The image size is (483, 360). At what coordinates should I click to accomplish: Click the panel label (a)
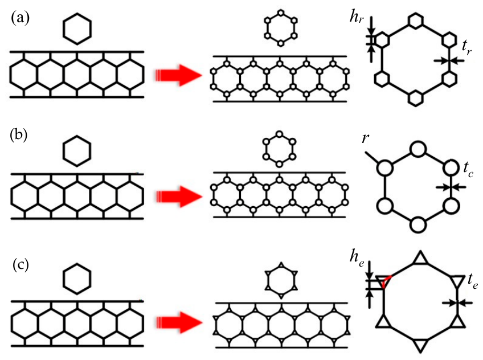pos(20,18)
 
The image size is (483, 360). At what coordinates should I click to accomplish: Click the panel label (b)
pos(18,136)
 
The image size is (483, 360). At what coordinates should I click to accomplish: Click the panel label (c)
pos(21,265)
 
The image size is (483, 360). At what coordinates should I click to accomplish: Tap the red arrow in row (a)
pos(178,75)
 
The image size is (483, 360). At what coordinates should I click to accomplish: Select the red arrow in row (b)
pos(179,197)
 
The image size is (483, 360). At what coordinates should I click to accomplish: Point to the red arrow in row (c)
pos(179,322)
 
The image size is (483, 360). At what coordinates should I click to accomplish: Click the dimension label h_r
pos(357,17)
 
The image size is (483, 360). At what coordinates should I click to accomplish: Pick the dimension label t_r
pos(466,48)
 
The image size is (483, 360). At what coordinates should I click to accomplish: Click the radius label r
pos(365,138)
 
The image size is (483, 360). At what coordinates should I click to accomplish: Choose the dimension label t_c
pos(468,170)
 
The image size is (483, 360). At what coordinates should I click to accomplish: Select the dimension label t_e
pos(473,281)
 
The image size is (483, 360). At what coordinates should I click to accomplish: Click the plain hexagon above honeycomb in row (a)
pos(77,29)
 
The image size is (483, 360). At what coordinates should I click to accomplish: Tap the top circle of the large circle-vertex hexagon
pos(418,149)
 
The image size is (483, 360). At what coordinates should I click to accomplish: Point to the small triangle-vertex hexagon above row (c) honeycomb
pos(281,280)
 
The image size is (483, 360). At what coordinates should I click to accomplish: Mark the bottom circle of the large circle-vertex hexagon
pos(418,224)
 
